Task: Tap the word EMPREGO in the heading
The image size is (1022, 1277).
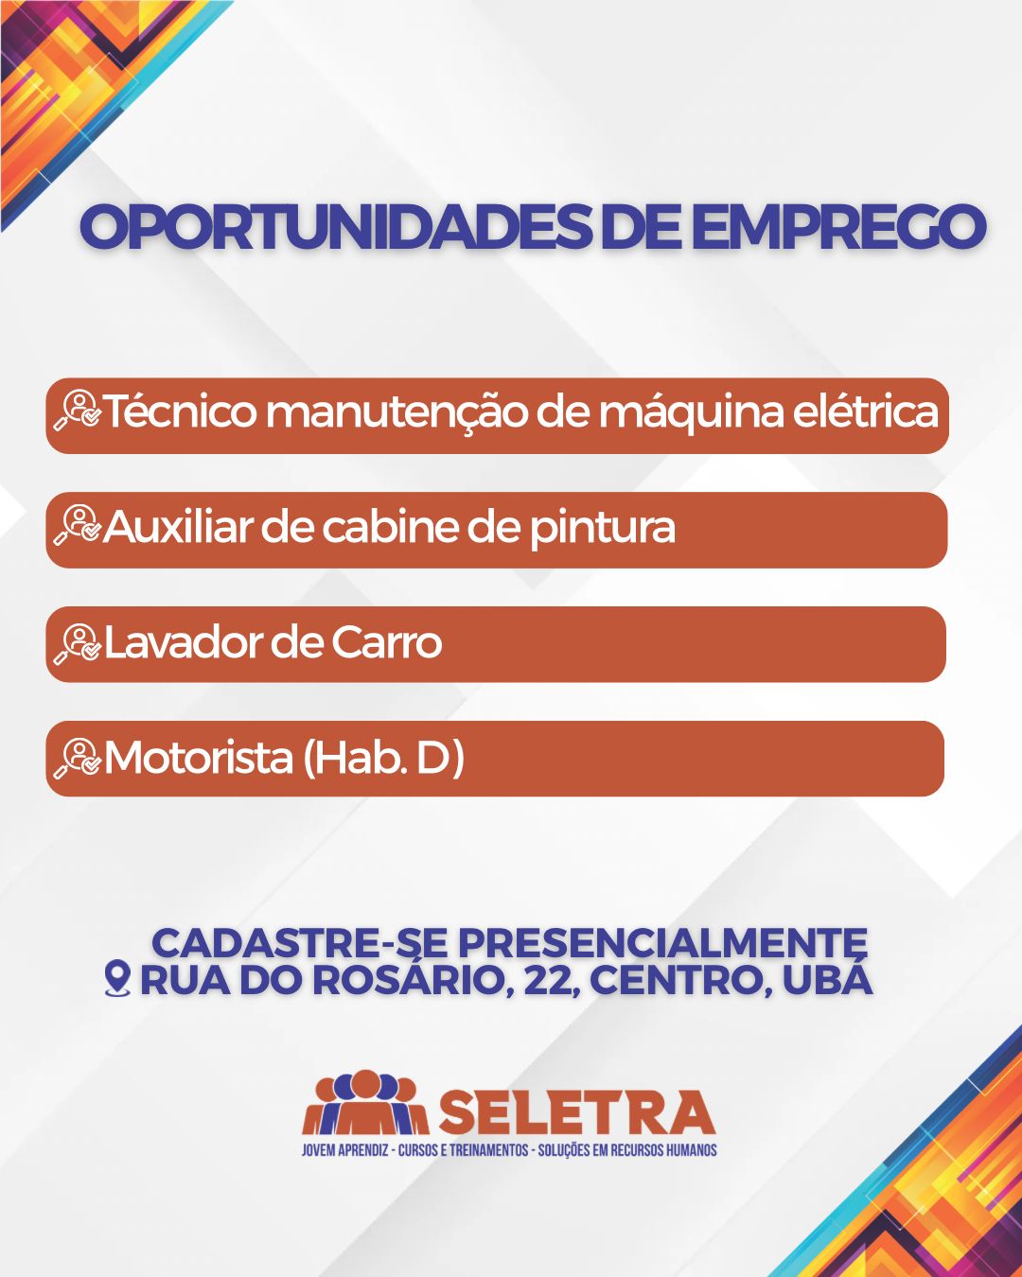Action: click(837, 228)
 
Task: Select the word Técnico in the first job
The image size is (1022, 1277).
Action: click(180, 412)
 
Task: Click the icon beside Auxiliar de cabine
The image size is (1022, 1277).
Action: click(78, 526)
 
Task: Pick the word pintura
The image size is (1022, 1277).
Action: click(602, 528)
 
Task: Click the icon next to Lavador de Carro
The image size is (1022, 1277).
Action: click(78, 642)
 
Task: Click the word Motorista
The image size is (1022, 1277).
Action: click(199, 758)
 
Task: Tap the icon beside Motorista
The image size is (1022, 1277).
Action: click(78, 758)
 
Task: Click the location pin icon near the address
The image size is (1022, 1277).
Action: click(116, 979)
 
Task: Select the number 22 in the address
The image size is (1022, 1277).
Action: click(549, 981)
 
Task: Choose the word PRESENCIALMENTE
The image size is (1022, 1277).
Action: click(661, 943)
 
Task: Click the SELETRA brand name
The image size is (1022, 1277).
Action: click(576, 1112)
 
